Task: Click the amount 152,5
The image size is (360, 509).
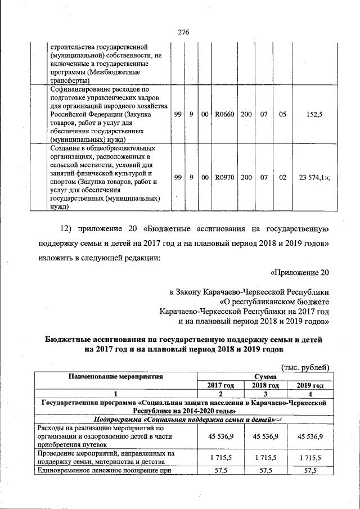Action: (311, 114)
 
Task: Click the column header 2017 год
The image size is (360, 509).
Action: (220, 385)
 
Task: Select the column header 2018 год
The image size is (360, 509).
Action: (265, 385)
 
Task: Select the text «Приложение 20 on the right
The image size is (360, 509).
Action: (299, 273)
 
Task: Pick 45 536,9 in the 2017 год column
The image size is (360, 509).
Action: (220, 436)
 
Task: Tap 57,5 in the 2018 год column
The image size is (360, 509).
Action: (265, 471)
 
